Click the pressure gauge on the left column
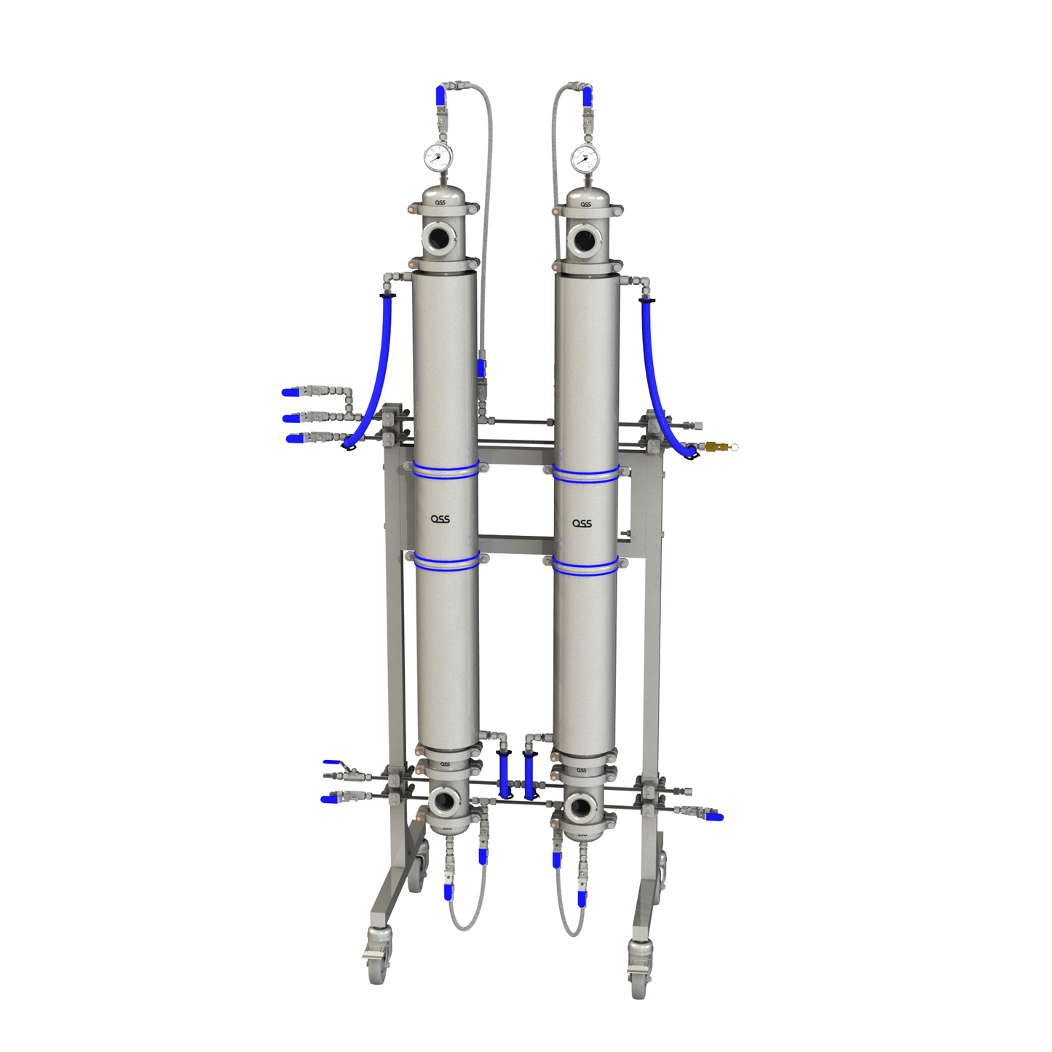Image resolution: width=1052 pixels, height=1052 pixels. coord(438,157)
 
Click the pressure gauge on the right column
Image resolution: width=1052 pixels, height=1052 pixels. coord(584,157)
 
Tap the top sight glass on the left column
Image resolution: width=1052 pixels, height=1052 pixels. coord(439,237)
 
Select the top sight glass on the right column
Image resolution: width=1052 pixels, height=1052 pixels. coord(582,238)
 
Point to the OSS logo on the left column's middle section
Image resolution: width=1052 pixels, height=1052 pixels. coord(440,519)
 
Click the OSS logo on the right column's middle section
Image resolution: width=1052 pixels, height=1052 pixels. coord(582,523)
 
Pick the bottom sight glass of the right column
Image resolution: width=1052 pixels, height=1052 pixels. coord(580,807)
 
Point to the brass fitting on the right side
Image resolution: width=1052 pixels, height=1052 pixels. coord(715,446)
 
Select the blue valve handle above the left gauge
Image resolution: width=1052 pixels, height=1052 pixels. coord(440,95)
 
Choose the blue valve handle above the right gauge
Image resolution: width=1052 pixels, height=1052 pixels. coord(587,96)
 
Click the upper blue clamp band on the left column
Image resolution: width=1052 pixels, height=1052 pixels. coord(446,470)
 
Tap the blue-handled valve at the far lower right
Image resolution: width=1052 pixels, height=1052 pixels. coord(715,817)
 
